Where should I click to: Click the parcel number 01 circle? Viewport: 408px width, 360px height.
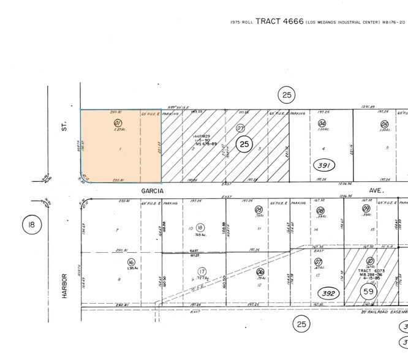click(x=117, y=123)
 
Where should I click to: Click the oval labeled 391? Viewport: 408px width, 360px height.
click(x=324, y=165)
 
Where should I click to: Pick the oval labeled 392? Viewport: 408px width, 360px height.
click(x=331, y=293)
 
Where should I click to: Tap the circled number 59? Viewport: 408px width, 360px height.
click(x=368, y=291)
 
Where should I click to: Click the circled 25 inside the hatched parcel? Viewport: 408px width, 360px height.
click(x=244, y=144)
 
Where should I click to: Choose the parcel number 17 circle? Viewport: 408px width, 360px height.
click(x=202, y=272)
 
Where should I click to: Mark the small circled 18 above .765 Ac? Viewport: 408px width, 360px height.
click(x=200, y=227)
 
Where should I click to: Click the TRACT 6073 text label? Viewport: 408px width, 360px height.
click(x=369, y=270)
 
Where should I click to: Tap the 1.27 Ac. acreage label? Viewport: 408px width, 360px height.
click(x=117, y=130)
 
